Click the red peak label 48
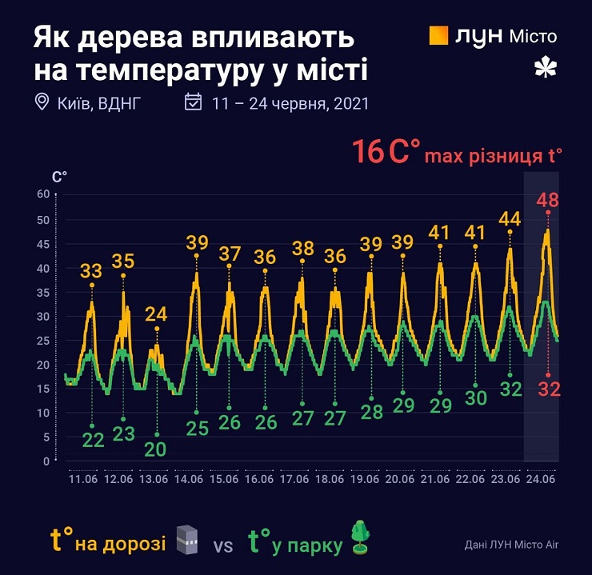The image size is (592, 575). pos(547,199)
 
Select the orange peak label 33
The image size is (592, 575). pos(92,271)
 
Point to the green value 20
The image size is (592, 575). pos(156,449)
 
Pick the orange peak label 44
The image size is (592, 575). pos(510,218)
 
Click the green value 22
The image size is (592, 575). pos(93,439)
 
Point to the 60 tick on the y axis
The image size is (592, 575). pos(43,194)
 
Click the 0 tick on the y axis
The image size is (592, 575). pos(46,461)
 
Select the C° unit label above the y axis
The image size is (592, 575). pos(58,175)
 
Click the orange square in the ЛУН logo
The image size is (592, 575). pos(438,36)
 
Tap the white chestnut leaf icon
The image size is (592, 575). pos(544,70)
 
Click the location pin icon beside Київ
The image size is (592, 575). pos(42,102)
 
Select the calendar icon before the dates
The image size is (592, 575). pos(193,102)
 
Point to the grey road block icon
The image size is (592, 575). pos(186,540)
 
